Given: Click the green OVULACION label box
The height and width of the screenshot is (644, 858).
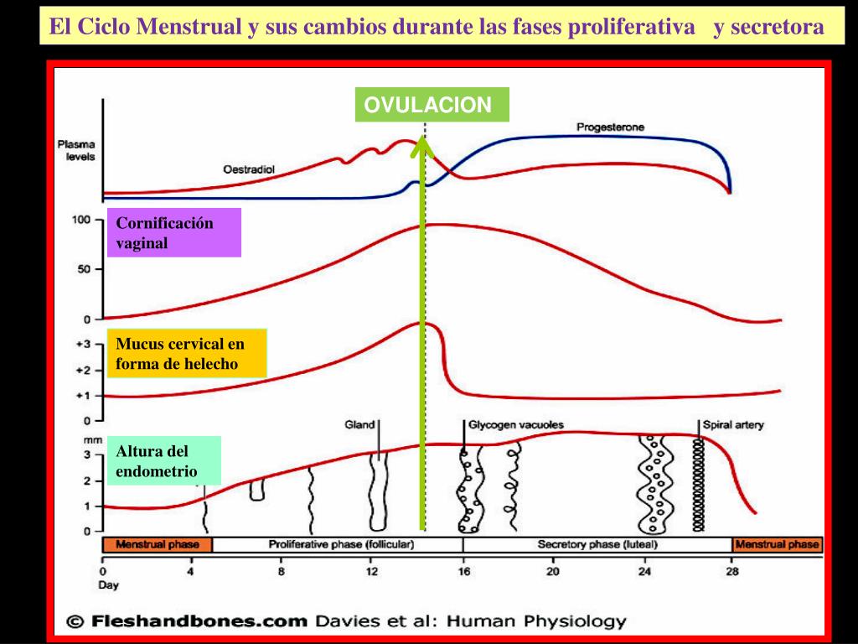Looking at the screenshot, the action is [432, 105].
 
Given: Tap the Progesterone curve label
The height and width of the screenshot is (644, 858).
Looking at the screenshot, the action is [610, 127].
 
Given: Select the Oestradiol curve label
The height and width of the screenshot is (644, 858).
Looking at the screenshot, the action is [249, 169].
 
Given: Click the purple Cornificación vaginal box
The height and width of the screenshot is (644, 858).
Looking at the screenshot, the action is [175, 233].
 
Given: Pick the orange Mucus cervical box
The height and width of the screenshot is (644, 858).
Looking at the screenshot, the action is [188, 353].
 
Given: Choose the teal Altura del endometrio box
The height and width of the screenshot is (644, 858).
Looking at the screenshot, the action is [168, 461].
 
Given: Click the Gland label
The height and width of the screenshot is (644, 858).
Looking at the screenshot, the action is [359, 425].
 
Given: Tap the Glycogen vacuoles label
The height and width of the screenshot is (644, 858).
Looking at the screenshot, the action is [515, 425].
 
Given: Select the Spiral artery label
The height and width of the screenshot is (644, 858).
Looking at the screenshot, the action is [733, 425].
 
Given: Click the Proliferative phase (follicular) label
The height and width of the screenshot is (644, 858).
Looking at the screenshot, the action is [341, 544].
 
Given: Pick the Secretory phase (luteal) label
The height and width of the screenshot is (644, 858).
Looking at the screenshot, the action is [597, 544].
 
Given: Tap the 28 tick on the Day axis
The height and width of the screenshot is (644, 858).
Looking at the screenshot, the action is [732, 572].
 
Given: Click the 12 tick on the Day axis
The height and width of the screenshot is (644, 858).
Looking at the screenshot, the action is [372, 572].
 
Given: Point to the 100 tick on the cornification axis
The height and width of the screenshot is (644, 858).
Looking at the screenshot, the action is [80, 221].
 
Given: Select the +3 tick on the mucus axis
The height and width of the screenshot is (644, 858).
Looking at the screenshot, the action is [82, 344].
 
